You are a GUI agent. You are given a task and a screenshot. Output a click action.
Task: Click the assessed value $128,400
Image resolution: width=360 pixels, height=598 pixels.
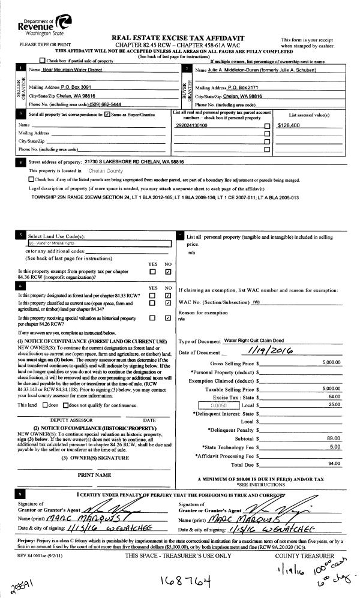click(292, 126)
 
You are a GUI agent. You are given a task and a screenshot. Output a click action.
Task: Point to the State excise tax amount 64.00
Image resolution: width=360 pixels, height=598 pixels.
click(334, 380)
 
